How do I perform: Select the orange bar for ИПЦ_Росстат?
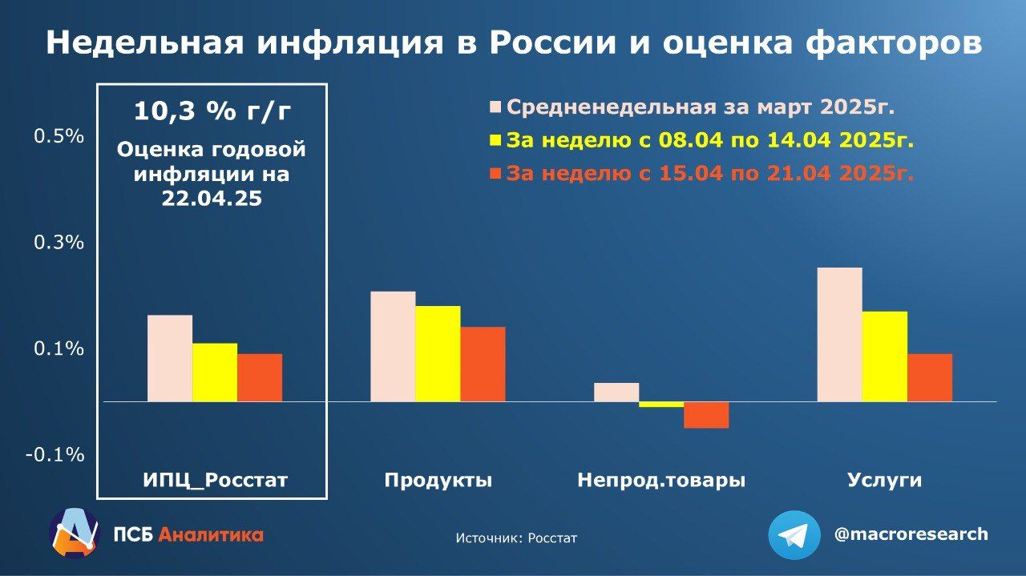coord(260,377)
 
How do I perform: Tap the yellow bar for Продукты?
coord(438,353)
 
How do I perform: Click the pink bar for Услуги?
coord(839,334)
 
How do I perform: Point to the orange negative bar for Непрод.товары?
coord(706,415)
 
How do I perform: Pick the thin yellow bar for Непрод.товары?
coord(661,405)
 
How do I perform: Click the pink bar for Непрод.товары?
coord(616,392)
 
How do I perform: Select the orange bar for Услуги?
coord(930,377)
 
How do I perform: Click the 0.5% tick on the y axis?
coord(59,136)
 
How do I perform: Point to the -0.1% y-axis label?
coord(55,455)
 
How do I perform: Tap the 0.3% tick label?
coord(59,242)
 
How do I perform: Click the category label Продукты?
coord(438,481)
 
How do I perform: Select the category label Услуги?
coord(884,481)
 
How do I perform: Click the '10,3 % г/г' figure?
coord(212,111)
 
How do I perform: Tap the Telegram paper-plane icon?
coord(794,535)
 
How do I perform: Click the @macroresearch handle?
coord(911,534)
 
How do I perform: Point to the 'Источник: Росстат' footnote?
coord(516,538)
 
